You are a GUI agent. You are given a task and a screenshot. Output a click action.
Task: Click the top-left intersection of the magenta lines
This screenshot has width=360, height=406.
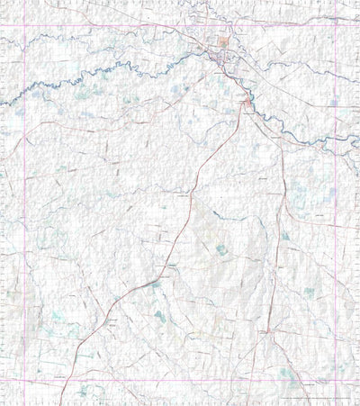(23, 24)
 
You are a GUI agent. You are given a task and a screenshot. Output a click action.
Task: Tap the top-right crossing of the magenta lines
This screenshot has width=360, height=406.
(336, 24)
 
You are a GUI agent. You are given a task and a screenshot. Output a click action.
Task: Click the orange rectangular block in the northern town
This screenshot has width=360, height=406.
(222, 42)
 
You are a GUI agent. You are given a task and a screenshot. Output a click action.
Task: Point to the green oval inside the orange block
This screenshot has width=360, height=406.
(223, 42)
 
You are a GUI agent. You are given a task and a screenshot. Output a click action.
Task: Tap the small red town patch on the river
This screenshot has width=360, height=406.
(247, 105)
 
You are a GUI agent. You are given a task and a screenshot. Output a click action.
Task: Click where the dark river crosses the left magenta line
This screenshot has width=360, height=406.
(23, 89)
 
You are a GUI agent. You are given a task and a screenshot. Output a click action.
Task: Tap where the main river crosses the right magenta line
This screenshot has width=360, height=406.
(336, 142)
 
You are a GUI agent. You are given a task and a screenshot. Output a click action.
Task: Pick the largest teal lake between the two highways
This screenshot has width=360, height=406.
(222, 249)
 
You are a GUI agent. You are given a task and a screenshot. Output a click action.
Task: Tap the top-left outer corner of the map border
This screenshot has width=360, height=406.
(2, 2)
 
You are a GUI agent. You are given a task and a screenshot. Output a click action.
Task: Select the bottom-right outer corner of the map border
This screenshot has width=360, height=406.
(358, 403)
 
